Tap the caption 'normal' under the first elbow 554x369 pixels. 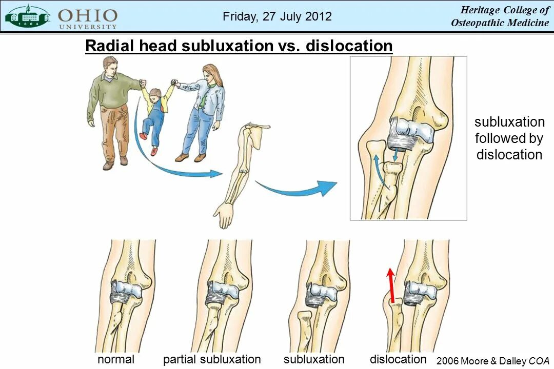116,359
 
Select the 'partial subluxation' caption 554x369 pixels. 212,359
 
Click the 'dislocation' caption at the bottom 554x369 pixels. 398,359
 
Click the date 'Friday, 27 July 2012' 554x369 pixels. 277,16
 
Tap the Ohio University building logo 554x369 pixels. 28,16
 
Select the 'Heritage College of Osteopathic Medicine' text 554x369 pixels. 500,16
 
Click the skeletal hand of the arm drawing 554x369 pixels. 224,214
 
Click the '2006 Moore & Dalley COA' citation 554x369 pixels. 492,361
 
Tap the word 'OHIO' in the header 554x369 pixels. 88,15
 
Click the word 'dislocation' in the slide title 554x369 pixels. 349,46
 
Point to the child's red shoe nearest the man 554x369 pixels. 144,136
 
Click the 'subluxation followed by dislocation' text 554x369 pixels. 509,138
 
